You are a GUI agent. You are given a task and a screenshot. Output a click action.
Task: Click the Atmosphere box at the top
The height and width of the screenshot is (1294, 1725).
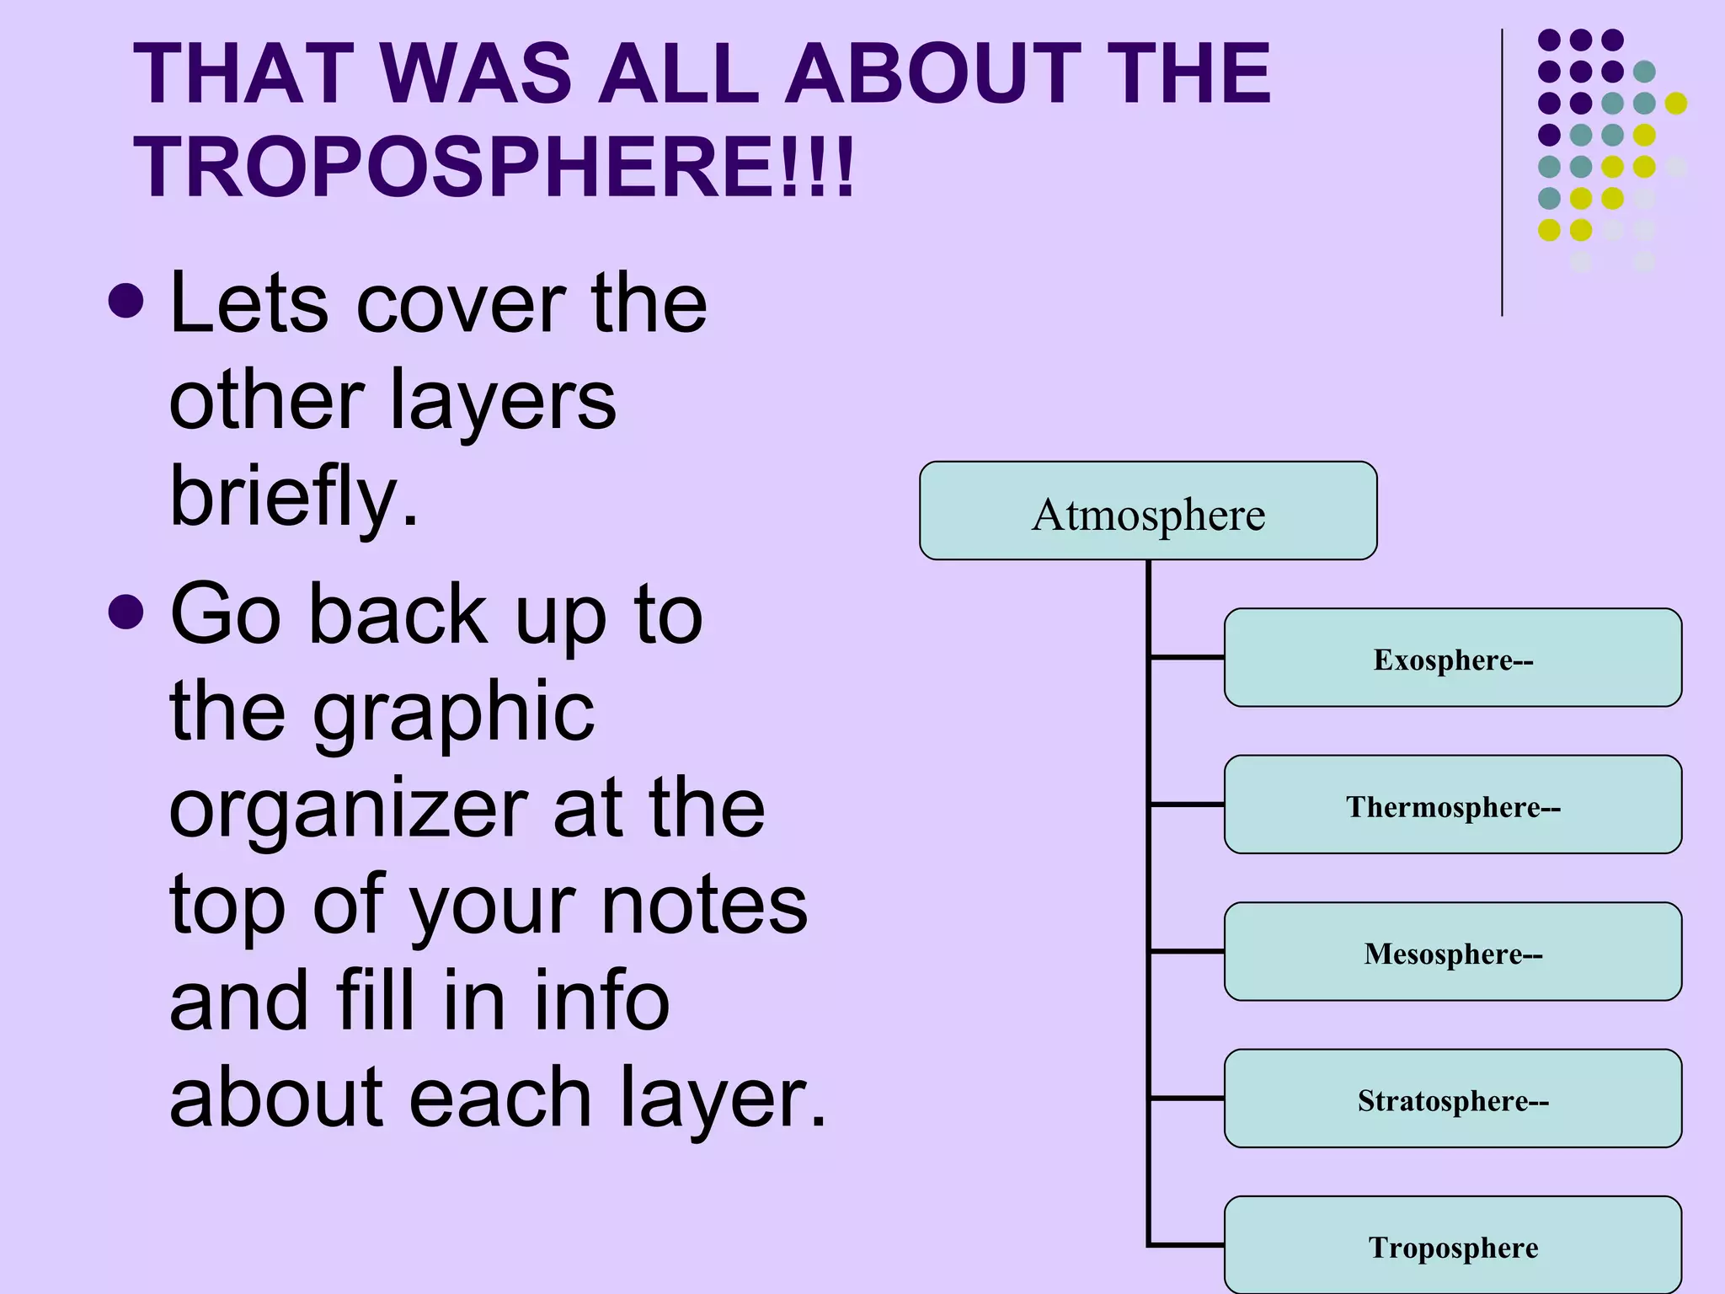pyautogui.click(x=1147, y=511)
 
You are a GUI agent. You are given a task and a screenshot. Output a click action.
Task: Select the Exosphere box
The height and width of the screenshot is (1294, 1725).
pyautogui.click(x=1452, y=658)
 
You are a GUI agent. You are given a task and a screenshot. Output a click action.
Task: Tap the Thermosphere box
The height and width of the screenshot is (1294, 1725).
pyautogui.click(x=1452, y=805)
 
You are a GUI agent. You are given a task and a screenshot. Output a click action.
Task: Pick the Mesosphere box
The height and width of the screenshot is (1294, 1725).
pyautogui.click(x=1452, y=952)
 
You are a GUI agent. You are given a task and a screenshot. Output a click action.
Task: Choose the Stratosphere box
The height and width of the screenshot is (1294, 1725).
pyautogui.click(x=1452, y=1099)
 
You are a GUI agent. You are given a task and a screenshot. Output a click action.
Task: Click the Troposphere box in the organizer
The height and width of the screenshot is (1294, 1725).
pyautogui.click(x=1452, y=1246)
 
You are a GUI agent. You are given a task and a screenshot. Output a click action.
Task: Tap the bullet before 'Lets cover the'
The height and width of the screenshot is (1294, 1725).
pyautogui.click(x=126, y=301)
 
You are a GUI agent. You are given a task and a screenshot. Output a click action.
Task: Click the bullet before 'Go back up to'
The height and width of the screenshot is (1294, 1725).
pyautogui.click(x=126, y=612)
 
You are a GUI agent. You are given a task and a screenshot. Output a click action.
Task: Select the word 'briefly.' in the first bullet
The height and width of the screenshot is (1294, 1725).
pyautogui.click(x=294, y=497)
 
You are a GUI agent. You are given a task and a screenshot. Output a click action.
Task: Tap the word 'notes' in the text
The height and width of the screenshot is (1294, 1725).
pyautogui.click(x=703, y=906)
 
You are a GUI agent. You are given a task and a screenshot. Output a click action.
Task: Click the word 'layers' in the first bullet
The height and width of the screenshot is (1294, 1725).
pyautogui.click(x=503, y=403)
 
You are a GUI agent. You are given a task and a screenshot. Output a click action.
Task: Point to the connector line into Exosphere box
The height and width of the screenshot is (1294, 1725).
pyautogui.click(x=1187, y=657)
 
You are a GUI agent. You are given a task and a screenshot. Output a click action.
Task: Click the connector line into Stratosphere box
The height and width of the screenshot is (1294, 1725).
pyautogui.click(x=1187, y=1099)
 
